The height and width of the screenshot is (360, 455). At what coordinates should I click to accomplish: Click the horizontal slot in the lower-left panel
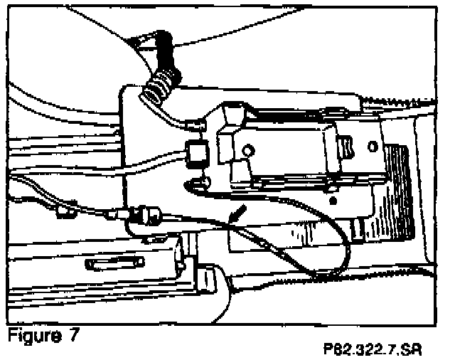point(114,264)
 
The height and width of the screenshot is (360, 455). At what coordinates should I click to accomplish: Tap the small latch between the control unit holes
point(346,147)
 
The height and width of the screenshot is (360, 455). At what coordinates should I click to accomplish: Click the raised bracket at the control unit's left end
point(231,128)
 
